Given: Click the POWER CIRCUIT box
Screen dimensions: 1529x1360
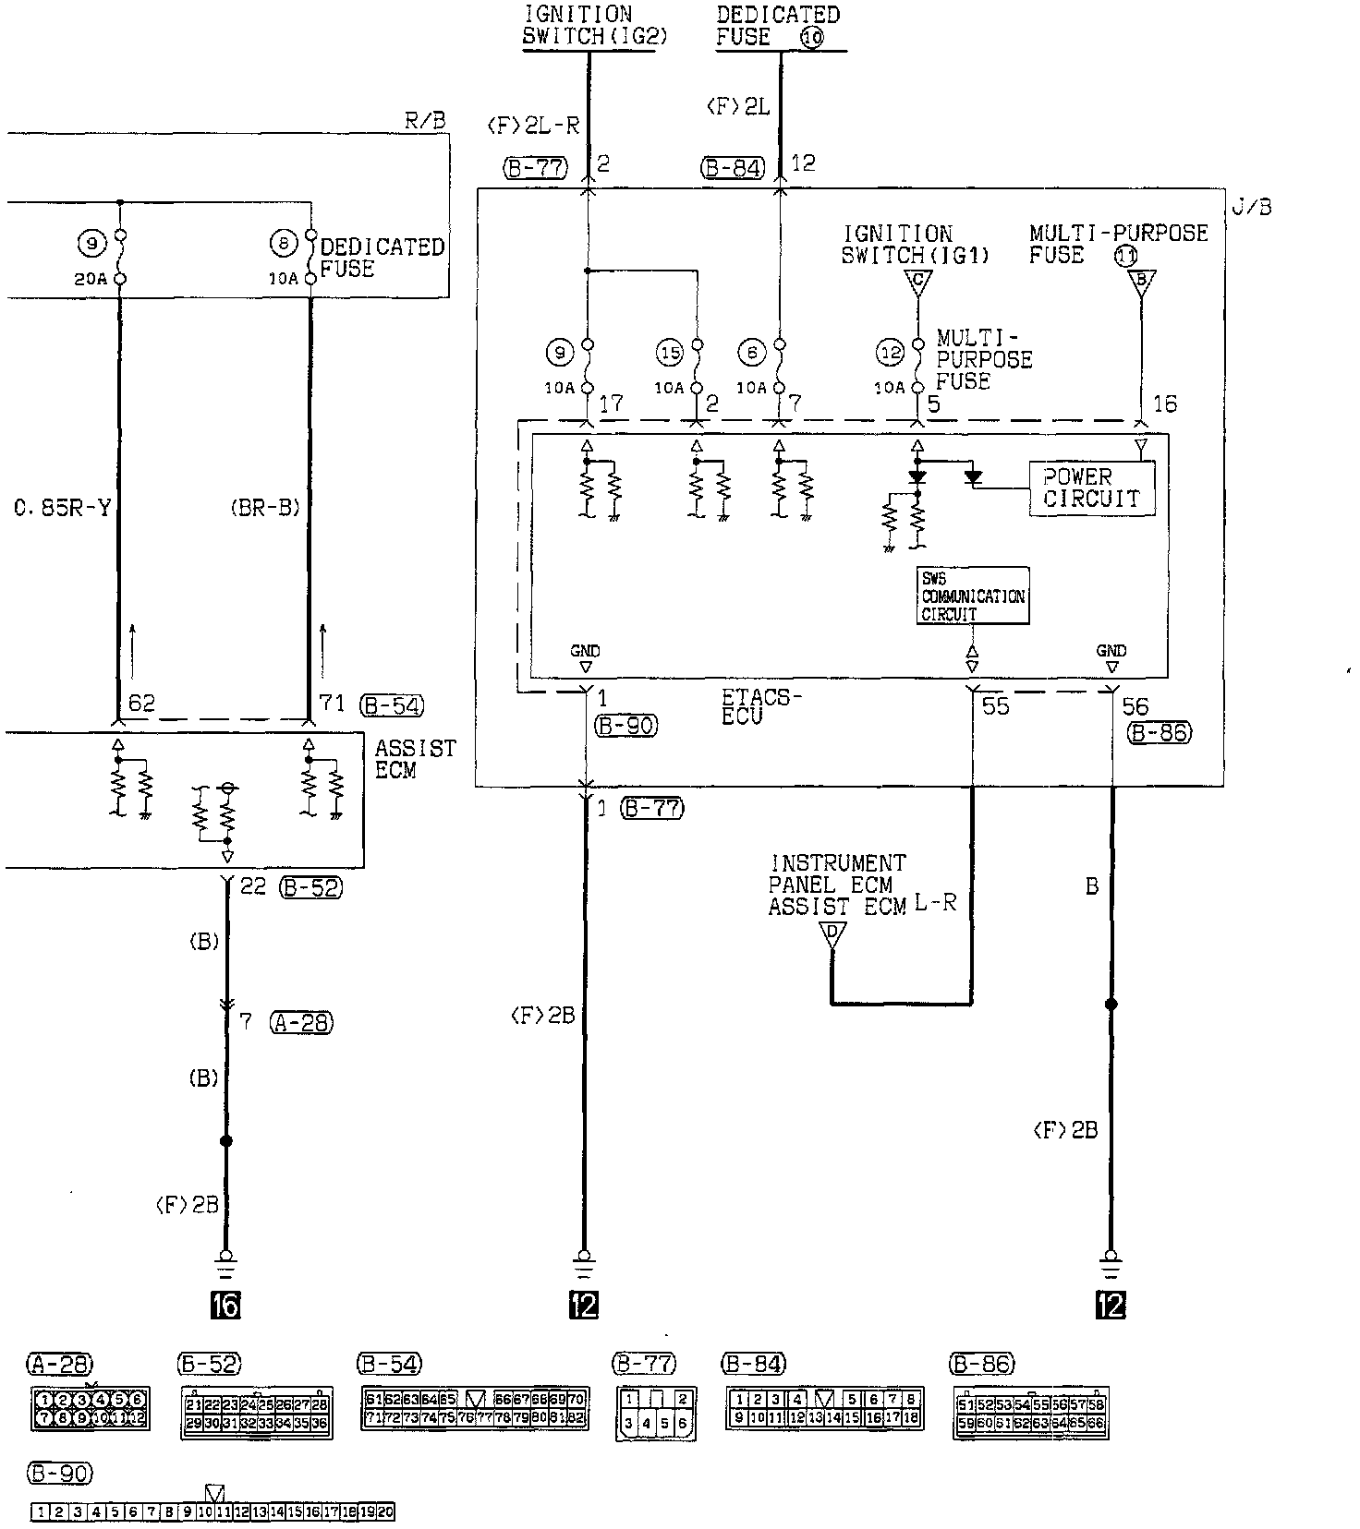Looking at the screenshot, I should [1091, 488].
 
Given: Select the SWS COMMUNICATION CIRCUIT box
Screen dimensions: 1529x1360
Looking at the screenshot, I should [972, 596].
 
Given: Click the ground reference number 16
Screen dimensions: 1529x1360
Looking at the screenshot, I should [225, 1305].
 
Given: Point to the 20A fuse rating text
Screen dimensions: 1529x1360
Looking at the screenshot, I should [91, 278].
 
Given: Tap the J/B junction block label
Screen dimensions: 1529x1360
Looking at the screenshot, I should [1251, 207].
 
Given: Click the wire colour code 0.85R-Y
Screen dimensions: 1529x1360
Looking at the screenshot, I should [62, 508].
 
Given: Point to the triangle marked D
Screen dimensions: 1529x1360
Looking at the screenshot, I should [832, 934].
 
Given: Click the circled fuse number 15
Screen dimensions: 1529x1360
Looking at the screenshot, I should [669, 352].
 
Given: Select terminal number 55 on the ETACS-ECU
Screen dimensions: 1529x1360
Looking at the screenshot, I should [995, 707].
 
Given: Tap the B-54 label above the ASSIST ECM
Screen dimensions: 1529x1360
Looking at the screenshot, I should [391, 706].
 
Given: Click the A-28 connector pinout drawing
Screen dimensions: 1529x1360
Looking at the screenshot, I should [90, 1408].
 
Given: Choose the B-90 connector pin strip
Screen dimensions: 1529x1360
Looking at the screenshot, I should [213, 1511].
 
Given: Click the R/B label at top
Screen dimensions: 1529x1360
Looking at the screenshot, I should [425, 120].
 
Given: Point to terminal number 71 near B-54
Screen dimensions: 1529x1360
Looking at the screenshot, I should [331, 704].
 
